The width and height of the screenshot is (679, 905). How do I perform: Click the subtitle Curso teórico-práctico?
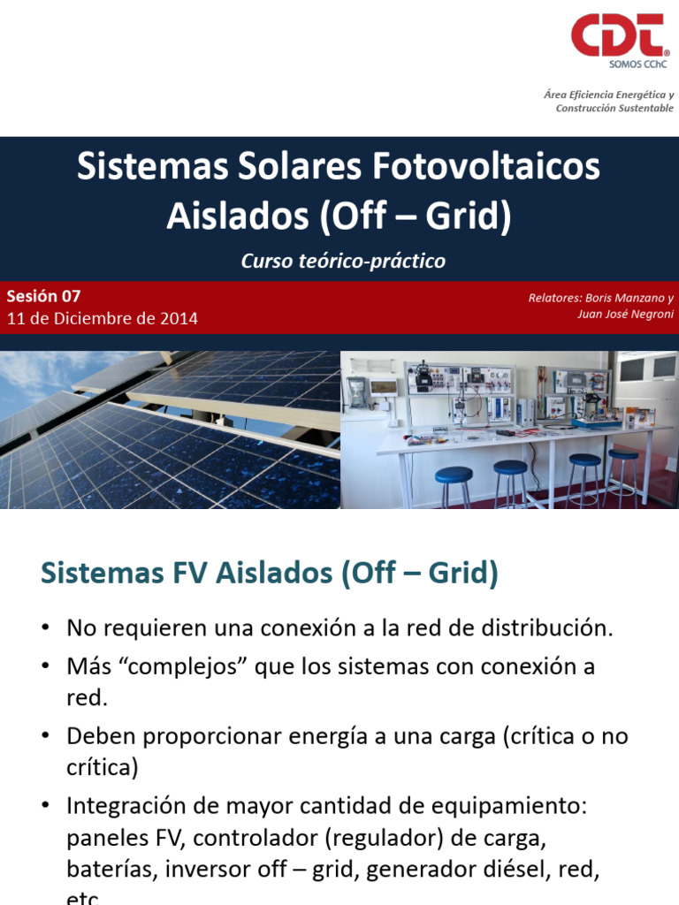[x=343, y=262]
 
